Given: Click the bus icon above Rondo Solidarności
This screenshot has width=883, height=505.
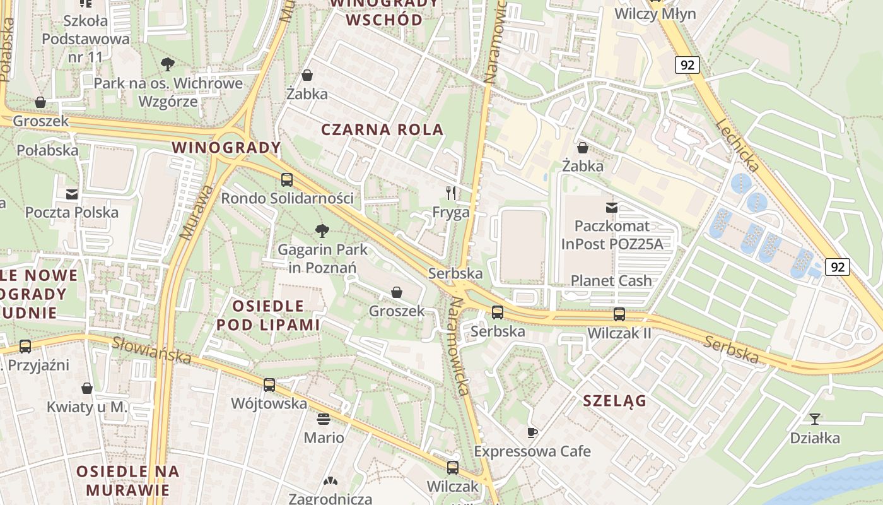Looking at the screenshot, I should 287,180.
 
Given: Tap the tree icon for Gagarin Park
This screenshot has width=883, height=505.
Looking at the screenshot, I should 322,231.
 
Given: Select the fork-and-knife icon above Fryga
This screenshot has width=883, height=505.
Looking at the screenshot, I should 451,193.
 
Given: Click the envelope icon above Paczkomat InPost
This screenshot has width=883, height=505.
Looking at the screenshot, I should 611,207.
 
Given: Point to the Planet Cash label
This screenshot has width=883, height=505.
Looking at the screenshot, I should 611,280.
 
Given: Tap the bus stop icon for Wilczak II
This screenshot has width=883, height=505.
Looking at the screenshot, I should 619,314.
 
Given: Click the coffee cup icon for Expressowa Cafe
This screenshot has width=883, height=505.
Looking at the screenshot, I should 532,432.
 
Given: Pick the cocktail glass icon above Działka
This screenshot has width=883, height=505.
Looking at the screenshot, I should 815,419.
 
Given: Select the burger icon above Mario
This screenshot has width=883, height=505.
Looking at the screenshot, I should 324,419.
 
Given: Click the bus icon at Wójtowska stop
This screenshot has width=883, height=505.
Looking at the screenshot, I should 269,384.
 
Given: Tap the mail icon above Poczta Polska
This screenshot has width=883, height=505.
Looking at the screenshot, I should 72,194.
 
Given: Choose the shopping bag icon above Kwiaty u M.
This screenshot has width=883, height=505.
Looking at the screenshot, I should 87,388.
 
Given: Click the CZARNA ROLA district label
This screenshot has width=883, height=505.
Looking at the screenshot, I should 382,130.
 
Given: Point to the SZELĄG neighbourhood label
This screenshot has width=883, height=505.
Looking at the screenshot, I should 614,400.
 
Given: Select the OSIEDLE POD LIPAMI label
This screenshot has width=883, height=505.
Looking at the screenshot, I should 268,315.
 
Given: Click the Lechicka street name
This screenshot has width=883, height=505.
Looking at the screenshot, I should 737,146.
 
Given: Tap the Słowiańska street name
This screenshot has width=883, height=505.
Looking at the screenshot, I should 152,350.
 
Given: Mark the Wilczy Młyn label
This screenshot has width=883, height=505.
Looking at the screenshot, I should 655,14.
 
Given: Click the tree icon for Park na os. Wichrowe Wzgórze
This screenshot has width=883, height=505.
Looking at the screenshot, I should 168,64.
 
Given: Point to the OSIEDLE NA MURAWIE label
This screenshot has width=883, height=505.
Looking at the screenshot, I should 128,480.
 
